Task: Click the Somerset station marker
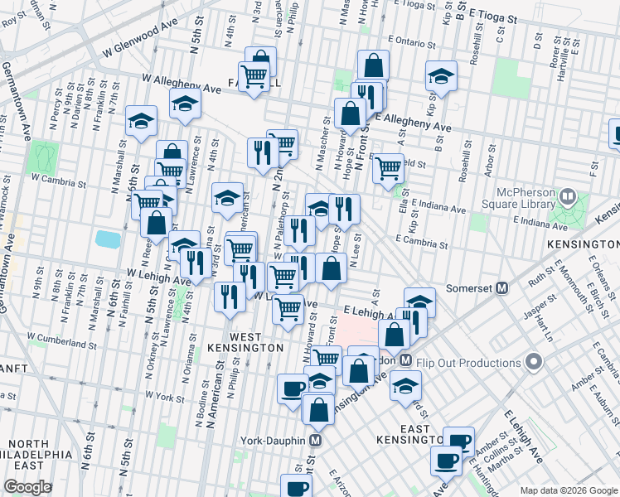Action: [x=501, y=288]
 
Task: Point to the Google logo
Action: [x=27, y=486]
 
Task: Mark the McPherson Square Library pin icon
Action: [x=568, y=197]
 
